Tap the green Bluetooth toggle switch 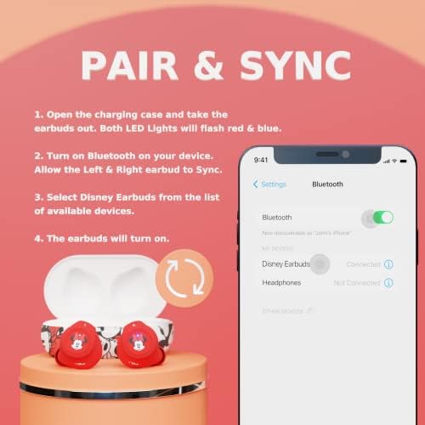[382, 218]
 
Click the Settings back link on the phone [269, 184]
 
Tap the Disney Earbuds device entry [285, 264]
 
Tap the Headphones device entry [282, 282]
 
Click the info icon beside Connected [388, 264]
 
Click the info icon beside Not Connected [388, 282]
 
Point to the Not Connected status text [357, 282]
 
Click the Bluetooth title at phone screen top [328, 184]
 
